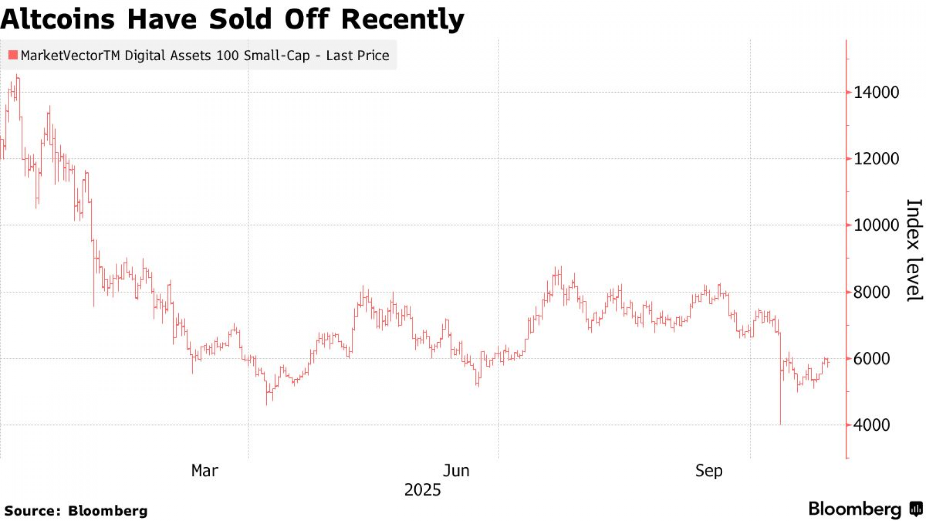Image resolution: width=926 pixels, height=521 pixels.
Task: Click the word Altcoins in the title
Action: pyautogui.click(x=57, y=19)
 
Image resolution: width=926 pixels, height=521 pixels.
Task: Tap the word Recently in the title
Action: pyautogui.click(x=402, y=19)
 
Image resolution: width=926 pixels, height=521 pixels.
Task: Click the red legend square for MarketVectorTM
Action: pyautogui.click(x=13, y=55)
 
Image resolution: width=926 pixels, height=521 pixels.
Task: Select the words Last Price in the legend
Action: pyautogui.click(x=357, y=56)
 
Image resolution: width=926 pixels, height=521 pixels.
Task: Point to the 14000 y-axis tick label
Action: pyautogui.click(x=876, y=92)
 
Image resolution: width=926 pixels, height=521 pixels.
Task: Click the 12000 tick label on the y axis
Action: pyautogui.click(x=876, y=159)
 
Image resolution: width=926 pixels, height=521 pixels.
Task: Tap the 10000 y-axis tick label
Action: pyautogui.click(x=876, y=226)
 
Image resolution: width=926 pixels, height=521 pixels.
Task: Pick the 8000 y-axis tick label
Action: pyautogui.click(x=871, y=292)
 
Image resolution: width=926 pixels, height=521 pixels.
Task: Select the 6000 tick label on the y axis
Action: pyautogui.click(x=871, y=358)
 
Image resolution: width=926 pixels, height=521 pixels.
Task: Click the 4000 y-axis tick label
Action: pyautogui.click(x=871, y=425)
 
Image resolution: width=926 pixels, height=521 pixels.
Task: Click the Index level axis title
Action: pyautogui.click(x=914, y=250)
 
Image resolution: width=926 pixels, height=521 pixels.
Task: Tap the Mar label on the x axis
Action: pyautogui.click(x=204, y=471)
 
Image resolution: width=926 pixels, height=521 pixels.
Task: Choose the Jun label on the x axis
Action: pyautogui.click(x=456, y=471)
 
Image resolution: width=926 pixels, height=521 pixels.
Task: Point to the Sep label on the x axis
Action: pyautogui.click(x=708, y=471)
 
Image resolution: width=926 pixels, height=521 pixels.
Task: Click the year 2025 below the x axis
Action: pyautogui.click(x=422, y=490)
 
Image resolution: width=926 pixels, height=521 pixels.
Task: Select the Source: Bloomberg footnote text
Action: pyautogui.click(x=76, y=511)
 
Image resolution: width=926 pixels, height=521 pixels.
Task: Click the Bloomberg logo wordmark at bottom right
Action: pyautogui.click(x=855, y=509)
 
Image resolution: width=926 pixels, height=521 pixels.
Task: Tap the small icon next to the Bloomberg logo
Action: pyautogui.click(x=916, y=509)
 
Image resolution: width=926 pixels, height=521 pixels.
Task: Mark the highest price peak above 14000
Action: pyautogui.click(x=18, y=75)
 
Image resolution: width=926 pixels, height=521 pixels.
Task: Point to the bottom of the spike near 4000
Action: pyautogui.click(x=781, y=423)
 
